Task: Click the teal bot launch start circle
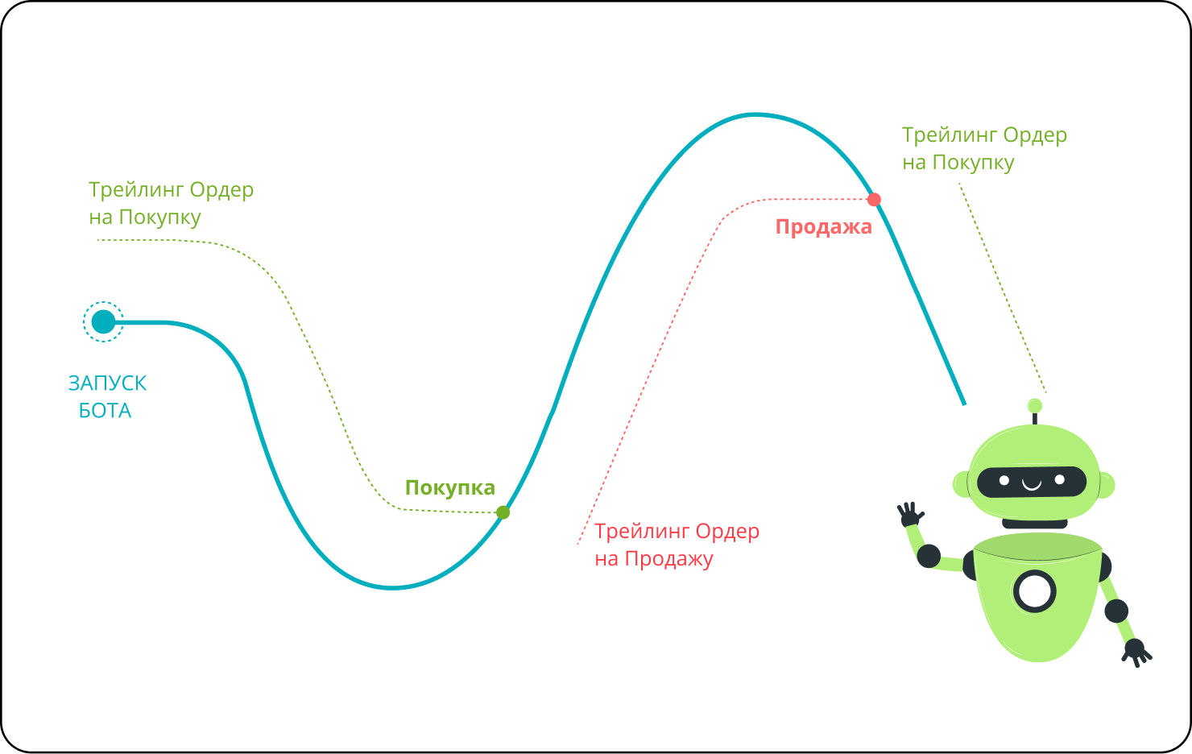(x=103, y=322)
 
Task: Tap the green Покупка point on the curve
(x=503, y=512)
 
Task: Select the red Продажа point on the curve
(x=874, y=199)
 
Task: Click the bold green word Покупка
(x=449, y=487)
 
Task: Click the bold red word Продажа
(x=823, y=227)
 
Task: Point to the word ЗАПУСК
(x=107, y=383)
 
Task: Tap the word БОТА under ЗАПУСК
(x=105, y=411)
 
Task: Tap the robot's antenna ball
(x=1035, y=406)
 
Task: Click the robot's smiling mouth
(x=1032, y=484)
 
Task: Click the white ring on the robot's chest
(x=1034, y=591)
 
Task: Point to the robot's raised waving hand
(x=910, y=514)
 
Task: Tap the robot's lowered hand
(x=1136, y=650)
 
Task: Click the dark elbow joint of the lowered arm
(x=1116, y=611)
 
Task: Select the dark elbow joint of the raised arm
(x=929, y=556)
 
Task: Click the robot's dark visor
(x=1032, y=482)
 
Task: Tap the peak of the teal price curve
(x=755, y=114)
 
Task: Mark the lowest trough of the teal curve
(x=392, y=587)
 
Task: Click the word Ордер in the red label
(x=727, y=532)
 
